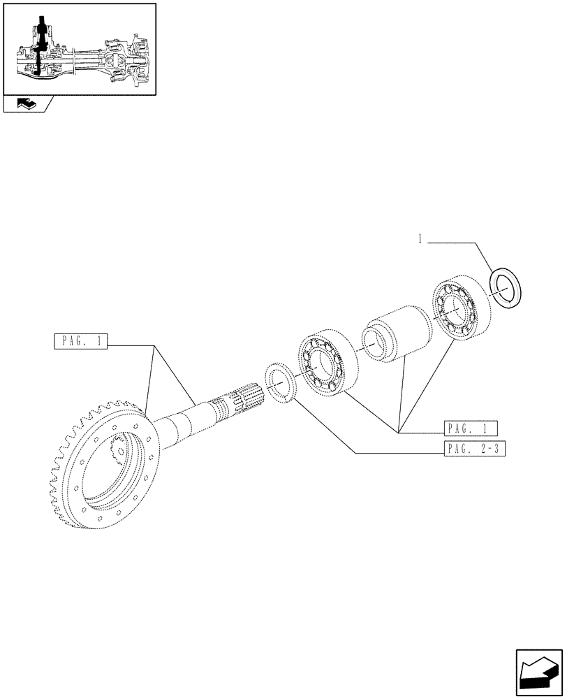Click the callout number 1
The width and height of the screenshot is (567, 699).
(420, 240)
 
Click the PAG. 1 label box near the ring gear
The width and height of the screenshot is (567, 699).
(81, 343)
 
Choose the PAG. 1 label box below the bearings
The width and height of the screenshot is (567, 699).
(469, 428)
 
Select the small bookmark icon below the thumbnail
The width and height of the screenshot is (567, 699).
(27, 105)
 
